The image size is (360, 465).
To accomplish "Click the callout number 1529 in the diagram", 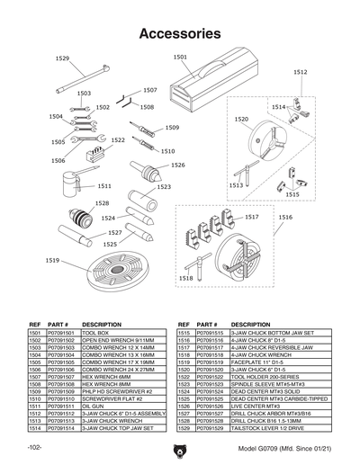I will click(62, 58).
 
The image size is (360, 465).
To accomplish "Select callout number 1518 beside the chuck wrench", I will click(185, 279).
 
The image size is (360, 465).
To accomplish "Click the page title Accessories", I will click(180, 34).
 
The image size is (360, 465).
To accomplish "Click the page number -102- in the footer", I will click(35, 447).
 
